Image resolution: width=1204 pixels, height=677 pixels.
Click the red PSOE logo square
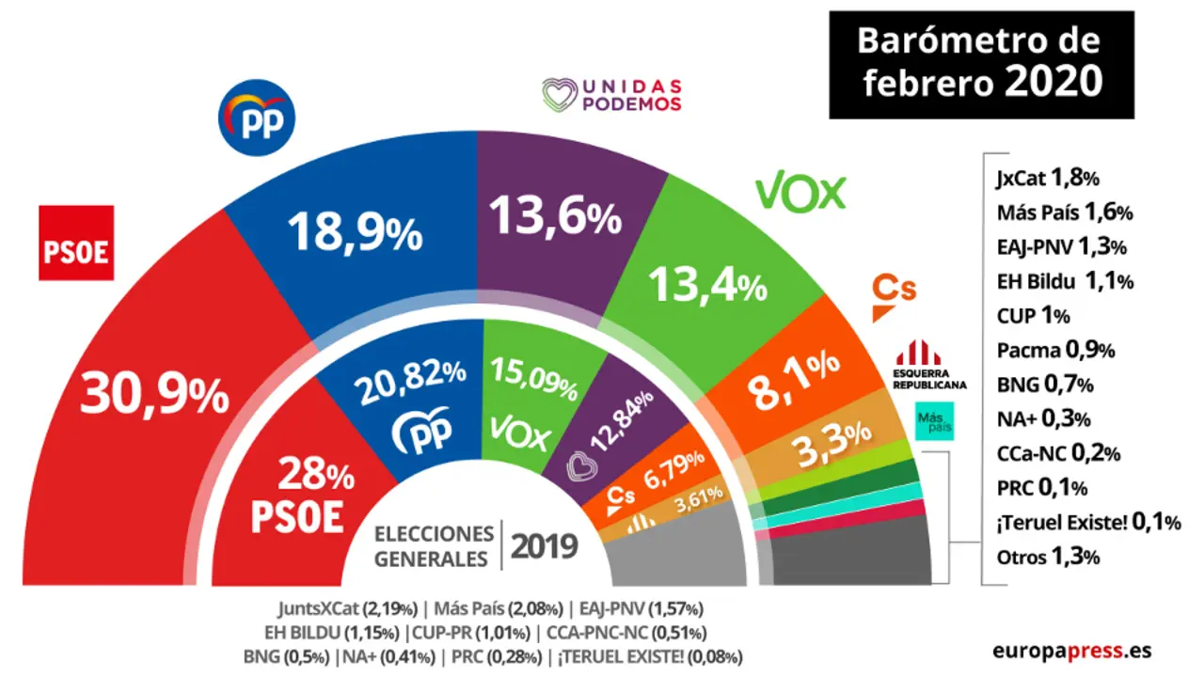point(76,243)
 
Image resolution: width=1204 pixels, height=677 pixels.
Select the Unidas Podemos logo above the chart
point(611,95)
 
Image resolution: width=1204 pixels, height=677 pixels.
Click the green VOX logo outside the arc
point(801,193)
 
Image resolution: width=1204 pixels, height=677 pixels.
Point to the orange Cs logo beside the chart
point(895,294)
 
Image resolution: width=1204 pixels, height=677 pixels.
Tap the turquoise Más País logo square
point(935,420)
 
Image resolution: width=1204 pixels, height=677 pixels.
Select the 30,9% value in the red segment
point(155,395)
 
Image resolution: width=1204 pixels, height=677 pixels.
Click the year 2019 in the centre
point(544,546)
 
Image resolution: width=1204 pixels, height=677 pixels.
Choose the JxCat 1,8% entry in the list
point(1047,178)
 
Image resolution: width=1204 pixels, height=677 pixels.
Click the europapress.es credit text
point(1070,651)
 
